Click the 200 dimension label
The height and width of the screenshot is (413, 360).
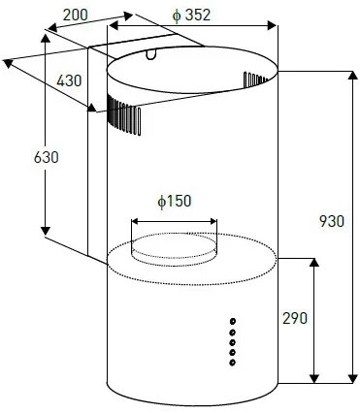click(75, 15)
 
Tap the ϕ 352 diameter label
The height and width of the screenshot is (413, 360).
click(191, 16)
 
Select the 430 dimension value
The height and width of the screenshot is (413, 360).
click(69, 80)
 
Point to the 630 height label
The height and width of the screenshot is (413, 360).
click(46, 157)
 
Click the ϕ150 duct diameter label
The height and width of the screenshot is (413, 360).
click(175, 201)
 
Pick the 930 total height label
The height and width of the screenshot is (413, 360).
click(332, 221)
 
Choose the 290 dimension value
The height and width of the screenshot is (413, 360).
click(295, 318)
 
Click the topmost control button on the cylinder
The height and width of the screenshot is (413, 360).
click(233, 321)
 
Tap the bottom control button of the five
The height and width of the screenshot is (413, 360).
click(232, 363)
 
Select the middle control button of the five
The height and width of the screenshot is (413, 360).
click(232, 342)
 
